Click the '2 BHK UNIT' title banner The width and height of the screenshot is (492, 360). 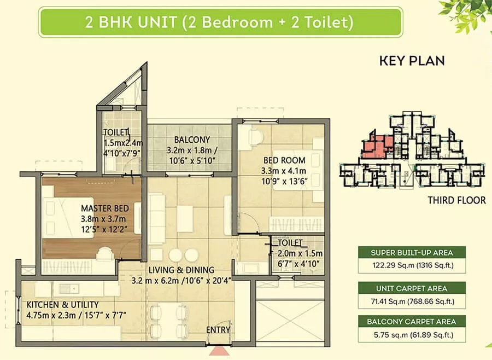coord(220,22)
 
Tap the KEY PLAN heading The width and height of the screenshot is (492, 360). coord(412,61)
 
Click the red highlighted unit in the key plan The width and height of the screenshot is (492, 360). coord(377,146)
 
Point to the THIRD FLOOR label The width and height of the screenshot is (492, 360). coord(456,200)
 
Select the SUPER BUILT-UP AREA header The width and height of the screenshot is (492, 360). coord(412,253)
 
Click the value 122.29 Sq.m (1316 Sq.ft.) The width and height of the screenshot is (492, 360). coord(413,265)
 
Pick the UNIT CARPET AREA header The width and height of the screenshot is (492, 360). coord(412,288)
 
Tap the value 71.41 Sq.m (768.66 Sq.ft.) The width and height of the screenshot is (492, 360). coord(413,301)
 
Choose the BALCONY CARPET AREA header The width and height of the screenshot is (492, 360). coord(412,321)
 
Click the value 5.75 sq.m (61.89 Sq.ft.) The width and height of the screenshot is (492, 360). coord(414,335)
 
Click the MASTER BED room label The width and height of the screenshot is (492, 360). coord(105,208)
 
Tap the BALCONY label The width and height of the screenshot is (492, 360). coord(192,140)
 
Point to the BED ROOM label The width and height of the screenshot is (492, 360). coord(284,160)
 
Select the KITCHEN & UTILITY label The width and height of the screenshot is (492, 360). coord(62,305)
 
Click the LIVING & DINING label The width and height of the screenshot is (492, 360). coord(181,270)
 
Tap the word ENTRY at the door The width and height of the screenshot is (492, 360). coord(218,330)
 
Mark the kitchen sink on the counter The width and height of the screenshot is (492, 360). coord(69,288)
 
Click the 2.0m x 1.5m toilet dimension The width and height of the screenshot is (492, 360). coord(300,253)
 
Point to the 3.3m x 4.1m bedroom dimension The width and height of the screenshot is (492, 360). coord(284,171)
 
